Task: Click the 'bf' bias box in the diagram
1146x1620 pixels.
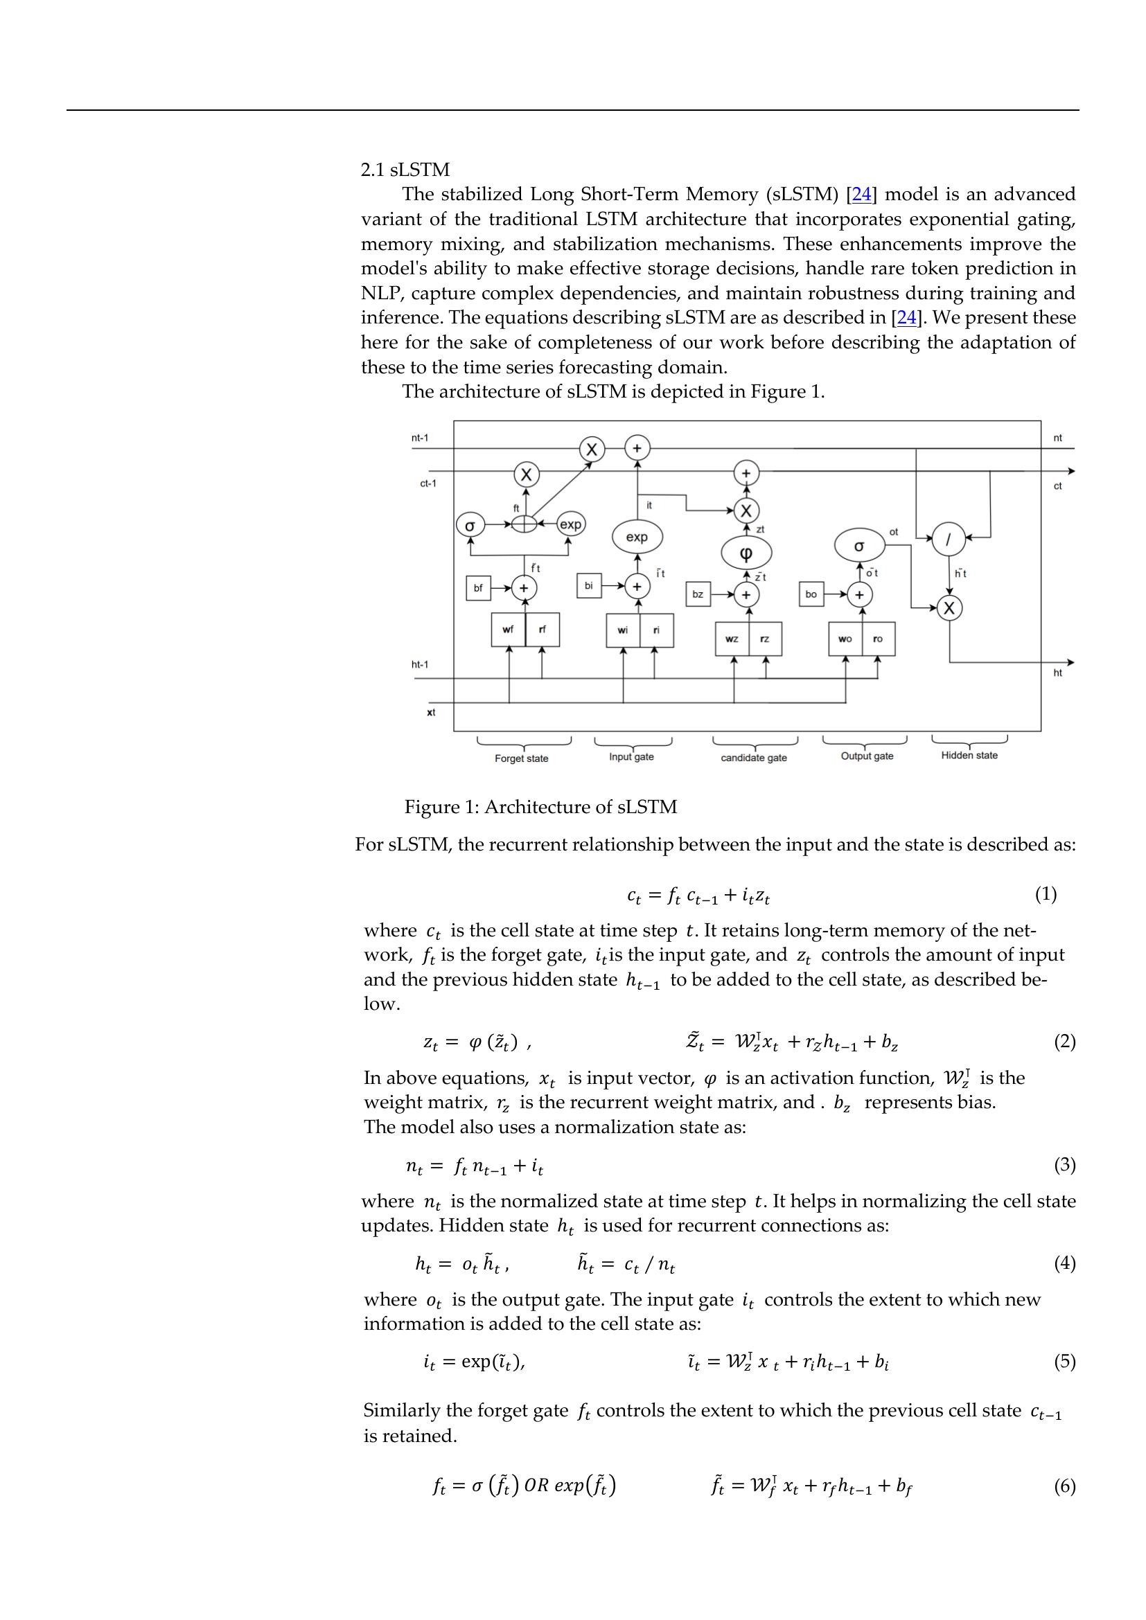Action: coord(478,588)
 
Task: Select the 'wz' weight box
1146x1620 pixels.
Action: coord(732,639)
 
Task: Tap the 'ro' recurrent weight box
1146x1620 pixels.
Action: coord(879,639)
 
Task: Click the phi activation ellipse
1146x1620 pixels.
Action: coord(746,554)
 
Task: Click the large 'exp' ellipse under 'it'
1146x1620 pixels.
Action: coord(637,537)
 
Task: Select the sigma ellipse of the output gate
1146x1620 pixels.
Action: coord(858,545)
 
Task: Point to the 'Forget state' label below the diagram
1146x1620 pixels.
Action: coord(522,758)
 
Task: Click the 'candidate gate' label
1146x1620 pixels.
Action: coord(754,758)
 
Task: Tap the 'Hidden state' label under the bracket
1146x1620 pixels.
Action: coord(969,755)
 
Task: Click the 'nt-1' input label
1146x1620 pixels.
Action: coord(420,438)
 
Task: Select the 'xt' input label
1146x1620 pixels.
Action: coord(431,713)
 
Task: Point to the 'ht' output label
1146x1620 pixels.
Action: coord(1058,673)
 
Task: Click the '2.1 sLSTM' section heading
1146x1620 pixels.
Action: coord(405,170)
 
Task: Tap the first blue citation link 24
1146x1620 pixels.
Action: coord(862,195)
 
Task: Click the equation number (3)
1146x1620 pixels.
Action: coord(1065,1165)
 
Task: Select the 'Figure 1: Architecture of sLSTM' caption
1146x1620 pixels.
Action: coord(540,807)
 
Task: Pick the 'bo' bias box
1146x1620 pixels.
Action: coord(811,594)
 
